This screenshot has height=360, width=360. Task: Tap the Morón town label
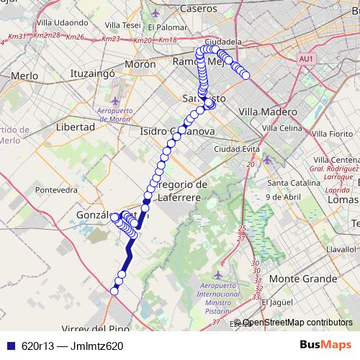[x=140, y=64]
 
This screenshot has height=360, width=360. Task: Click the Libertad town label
[x=75, y=127]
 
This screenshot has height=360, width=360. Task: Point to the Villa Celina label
[x=282, y=128]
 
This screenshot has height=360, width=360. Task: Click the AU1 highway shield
[x=306, y=59]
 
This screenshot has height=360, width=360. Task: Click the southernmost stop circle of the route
[x=114, y=291]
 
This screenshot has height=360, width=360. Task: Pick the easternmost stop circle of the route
[x=246, y=75]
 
